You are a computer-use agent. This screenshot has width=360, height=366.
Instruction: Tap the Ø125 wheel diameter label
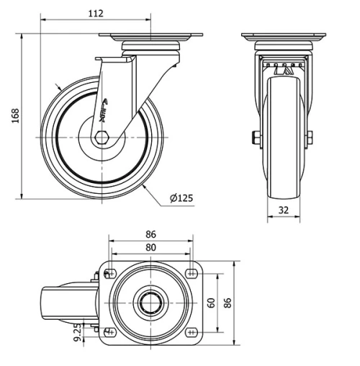pyautogui.click(x=181, y=197)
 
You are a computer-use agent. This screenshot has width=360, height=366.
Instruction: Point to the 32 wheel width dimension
pyautogui.click(x=283, y=211)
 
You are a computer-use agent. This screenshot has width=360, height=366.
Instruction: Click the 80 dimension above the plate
pyautogui.click(x=150, y=247)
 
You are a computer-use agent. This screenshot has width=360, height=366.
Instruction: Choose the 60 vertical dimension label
pyautogui.click(x=211, y=302)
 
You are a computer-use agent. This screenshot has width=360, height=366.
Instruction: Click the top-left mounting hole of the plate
pyautogui.click(x=110, y=273)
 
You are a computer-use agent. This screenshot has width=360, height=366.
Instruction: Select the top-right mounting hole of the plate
pyautogui.click(x=191, y=273)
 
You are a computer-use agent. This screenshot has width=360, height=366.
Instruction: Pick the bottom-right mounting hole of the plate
pyautogui.click(x=191, y=331)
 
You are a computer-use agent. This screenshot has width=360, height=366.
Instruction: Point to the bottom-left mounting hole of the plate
pyautogui.click(x=110, y=331)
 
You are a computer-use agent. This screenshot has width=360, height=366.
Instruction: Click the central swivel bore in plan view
pyautogui.click(x=150, y=303)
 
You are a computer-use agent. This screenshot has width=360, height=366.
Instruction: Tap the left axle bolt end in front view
pyautogui.click(x=255, y=137)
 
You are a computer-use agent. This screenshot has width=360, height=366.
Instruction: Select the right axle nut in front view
pyautogui.click(x=310, y=137)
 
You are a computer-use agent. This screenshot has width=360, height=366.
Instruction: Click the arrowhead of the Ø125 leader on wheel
pyautogui.click(x=145, y=184)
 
